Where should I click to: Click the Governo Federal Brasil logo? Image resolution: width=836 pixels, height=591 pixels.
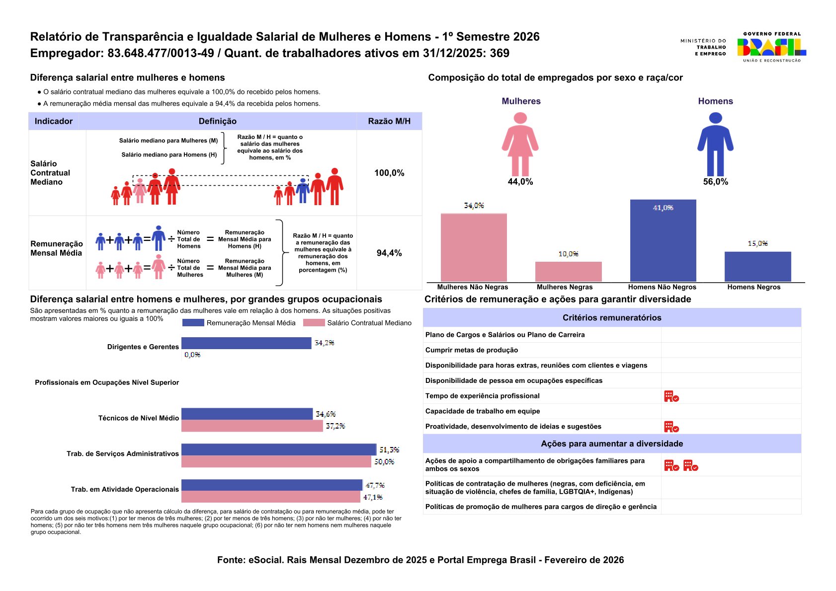pyautogui.click(x=771, y=47)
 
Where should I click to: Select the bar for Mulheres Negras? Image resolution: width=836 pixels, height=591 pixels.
pyautogui.click(x=568, y=271)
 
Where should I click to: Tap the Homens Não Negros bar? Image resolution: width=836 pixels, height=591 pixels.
pyautogui.click(x=663, y=240)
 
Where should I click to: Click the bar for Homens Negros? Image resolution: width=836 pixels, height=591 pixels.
pyautogui.click(x=757, y=267)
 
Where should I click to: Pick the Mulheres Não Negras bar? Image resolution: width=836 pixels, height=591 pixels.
pyautogui.click(x=474, y=247)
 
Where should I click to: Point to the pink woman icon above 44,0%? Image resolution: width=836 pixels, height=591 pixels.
pyautogui.click(x=520, y=144)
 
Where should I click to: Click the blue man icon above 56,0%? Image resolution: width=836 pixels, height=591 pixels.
pyautogui.click(x=715, y=144)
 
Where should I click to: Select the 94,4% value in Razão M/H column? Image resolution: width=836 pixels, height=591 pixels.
pyautogui.click(x=389, y=253)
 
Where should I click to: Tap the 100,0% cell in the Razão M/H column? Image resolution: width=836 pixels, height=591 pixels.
pyautogui.click(x=389, y=173)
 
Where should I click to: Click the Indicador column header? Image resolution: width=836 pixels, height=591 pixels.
pyautogui.click(x=54, y=121)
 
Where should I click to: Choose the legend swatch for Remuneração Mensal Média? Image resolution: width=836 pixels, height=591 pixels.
pyautogui.click(x=193, y=323)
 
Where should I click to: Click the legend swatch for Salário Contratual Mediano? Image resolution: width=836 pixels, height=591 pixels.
pyautogui.click(x=314, y=323)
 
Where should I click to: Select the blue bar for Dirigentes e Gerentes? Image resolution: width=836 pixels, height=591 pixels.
pyautogui.click(x=246, y=343)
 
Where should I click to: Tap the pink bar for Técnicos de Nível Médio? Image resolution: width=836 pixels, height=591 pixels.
pyautogui.click(x=252, y=426)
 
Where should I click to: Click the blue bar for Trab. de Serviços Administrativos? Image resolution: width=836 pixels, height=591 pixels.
pyautogui.click(x=279, y=449)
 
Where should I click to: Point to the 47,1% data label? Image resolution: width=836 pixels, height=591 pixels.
pyautogui.click(x=373, y=497)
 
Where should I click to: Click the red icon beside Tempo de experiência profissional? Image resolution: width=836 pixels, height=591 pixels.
pyautogui.click(x=671, y=396)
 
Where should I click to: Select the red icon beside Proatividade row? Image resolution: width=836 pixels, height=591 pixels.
pyautogui.click(x=671, y=427)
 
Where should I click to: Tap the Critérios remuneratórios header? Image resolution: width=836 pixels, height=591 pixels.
pyautogui.click(x=612, y=318)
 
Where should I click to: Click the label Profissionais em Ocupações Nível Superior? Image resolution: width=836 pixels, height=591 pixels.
pyautogui.click(x=107, y=382)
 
